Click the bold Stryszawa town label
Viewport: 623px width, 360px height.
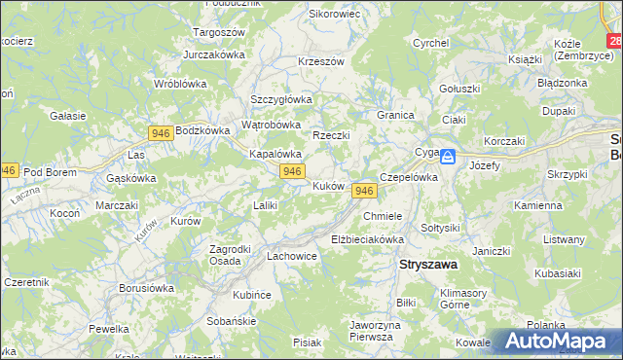[429, 264]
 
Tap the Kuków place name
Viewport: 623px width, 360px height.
[328, 185]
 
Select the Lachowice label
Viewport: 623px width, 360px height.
[292, 257]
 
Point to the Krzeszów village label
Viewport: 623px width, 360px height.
[322, 61]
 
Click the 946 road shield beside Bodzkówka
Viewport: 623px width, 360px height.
[162, 131]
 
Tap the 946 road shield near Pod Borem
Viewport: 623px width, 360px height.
[8, 170]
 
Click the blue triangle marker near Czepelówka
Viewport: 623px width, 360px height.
[446, 162]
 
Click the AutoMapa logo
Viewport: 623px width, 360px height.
[556, 342]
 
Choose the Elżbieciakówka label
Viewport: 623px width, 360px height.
[367, 238]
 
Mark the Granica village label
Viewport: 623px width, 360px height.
[395, 114]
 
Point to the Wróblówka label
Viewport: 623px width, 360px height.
[178, 84]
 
